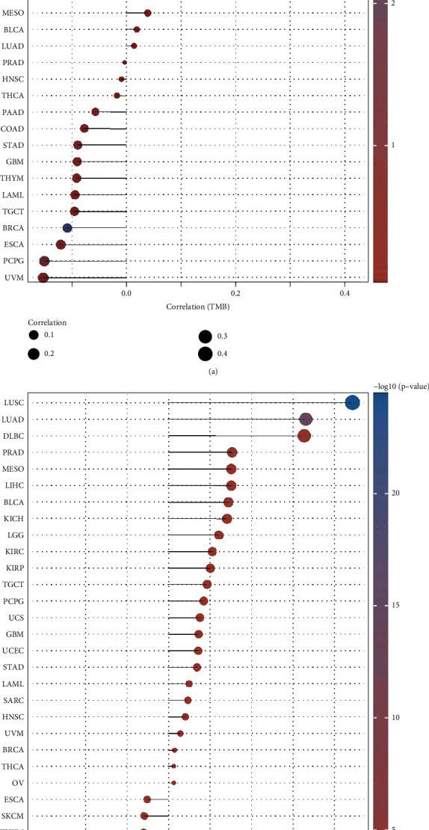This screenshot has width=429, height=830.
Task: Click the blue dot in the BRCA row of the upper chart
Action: tap(67, 227)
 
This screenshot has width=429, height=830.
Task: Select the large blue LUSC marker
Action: tap(353, 403)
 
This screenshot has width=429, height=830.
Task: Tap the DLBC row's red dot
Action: tap(304, 436)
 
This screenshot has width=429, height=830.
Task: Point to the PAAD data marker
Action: tap(95, 112)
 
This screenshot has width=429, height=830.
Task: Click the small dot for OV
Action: tap(173, 783)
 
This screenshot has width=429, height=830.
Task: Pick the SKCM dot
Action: tap(144, 816)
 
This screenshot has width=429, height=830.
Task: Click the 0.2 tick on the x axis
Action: tap(235, 294)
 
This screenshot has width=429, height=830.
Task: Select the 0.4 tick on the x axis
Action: tap(345, 294)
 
